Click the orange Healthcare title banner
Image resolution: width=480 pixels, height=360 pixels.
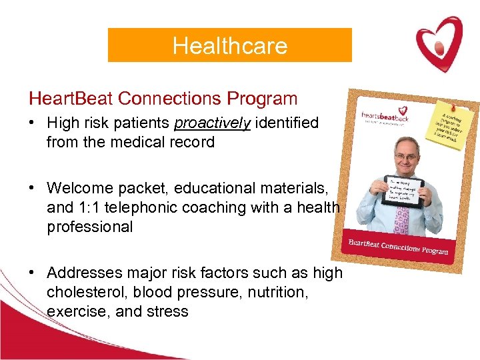tap(229, 45)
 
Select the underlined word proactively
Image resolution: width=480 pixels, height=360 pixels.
tap(212, 123)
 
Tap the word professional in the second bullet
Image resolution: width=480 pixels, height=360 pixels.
tap(90, 227)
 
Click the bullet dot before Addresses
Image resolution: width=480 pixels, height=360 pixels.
tap(32, 273)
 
